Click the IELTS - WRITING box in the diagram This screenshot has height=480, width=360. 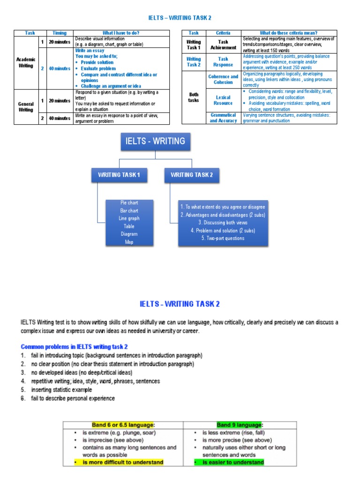155,141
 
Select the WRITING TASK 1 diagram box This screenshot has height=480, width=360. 119,175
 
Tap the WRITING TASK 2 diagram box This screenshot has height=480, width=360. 192,175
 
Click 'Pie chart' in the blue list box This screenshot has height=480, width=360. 129,202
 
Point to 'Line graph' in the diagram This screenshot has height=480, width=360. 129,218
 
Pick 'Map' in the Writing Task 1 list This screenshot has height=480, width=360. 129,242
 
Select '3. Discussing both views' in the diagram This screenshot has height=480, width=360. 223,223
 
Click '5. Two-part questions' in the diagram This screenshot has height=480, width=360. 223,238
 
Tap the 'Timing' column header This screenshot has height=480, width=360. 60,33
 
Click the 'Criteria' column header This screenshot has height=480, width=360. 223,33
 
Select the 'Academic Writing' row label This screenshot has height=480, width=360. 26,63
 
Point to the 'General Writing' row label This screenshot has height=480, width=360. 26,106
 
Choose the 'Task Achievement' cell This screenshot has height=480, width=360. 223,45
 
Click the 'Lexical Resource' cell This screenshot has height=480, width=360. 223,100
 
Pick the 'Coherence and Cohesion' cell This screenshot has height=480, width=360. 223,79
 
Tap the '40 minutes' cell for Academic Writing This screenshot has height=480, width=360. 60,68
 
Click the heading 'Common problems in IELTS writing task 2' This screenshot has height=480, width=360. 74,346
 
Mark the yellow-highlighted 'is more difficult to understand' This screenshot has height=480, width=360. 123,462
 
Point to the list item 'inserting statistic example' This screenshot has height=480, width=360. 61,390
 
